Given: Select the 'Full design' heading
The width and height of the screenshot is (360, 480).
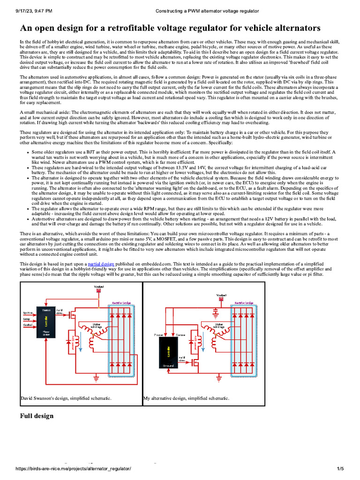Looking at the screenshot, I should (x=37, y=416).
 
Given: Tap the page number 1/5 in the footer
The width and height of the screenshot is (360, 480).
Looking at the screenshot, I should (x=340, y=469).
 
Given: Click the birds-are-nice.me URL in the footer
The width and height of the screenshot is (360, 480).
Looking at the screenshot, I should (x=74, y=469).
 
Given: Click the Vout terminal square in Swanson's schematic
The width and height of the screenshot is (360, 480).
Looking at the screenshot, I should (x=98, y=291).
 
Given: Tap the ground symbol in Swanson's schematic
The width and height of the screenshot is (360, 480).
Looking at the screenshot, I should (x=96, y=376).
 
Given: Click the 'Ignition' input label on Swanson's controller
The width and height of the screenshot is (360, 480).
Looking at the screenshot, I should (x=28, y=312).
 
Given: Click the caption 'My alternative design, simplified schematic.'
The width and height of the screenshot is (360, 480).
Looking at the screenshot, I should (x=186, y=398).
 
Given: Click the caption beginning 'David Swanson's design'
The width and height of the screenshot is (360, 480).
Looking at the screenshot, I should (x=66, y=398).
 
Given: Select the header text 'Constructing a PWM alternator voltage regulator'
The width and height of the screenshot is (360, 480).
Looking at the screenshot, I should (x=208, y=10).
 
